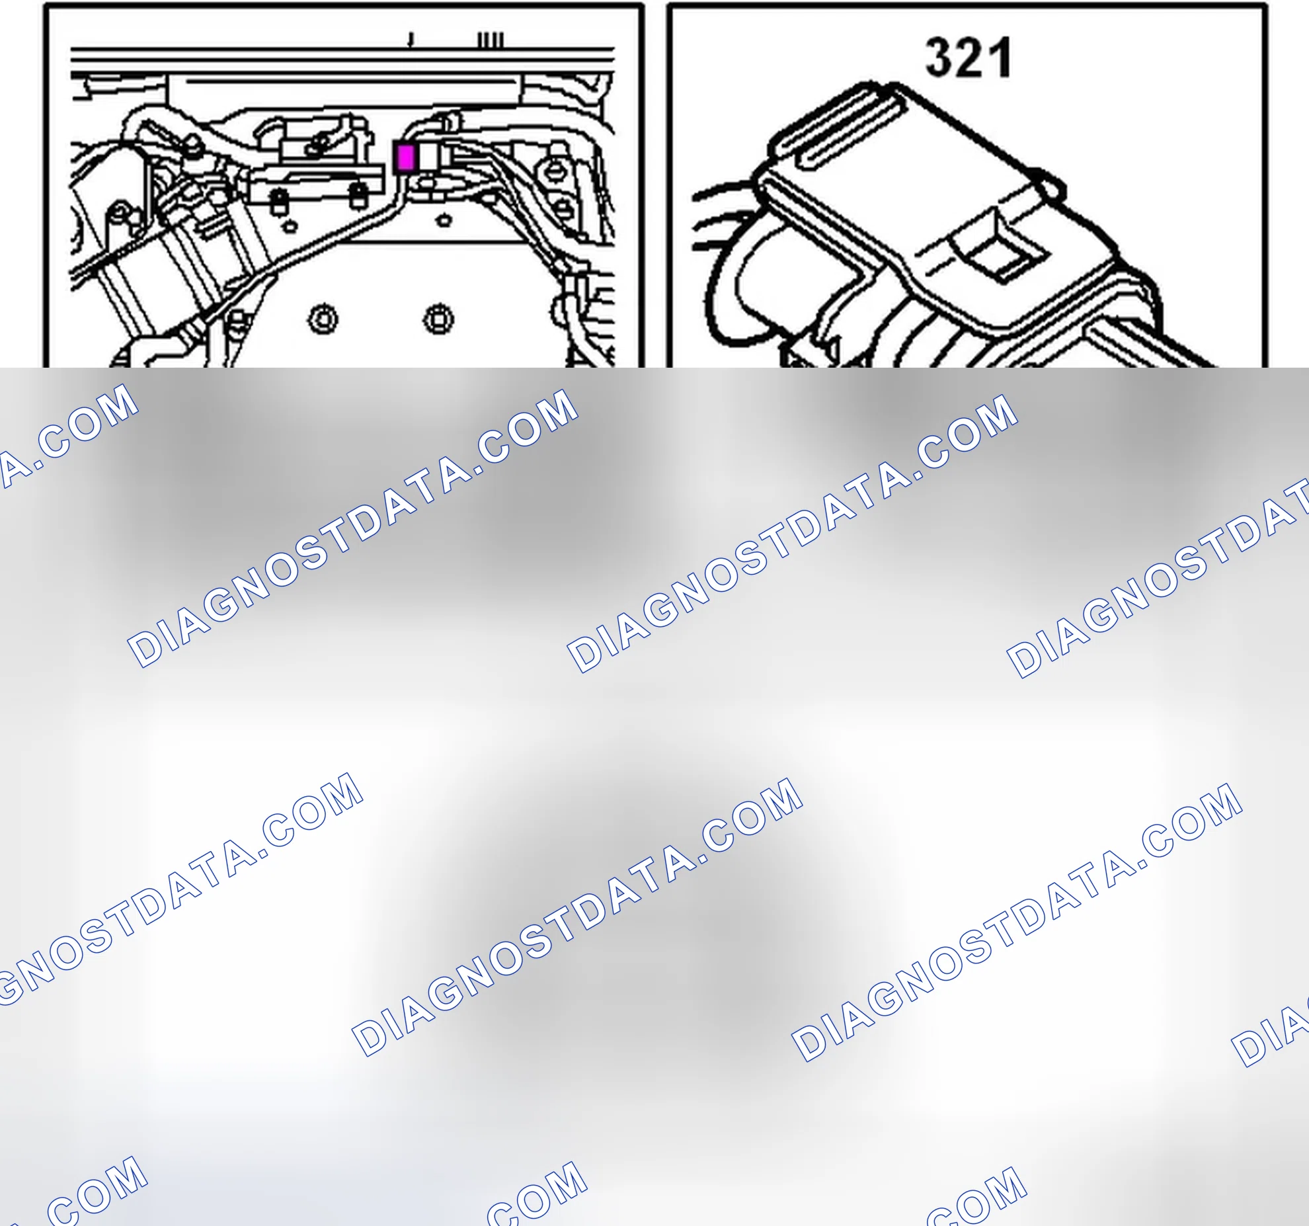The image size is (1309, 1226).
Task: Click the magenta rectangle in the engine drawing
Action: (x=405, y=158)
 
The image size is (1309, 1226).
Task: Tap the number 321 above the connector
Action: (x=969, y=58)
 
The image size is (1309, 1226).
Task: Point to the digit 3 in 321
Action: (x=939, y=58)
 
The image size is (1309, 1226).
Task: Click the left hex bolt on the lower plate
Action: (x=323, y=320)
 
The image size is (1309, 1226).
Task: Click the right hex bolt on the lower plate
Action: (x=438, y=320)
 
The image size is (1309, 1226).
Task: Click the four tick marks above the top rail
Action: (x=491, y=40)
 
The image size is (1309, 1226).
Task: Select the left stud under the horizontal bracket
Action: (x=280, y=200)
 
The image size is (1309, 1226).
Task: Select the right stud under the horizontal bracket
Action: (x=358, y=196)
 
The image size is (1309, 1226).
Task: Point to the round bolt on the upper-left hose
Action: (x=192, y=145)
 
